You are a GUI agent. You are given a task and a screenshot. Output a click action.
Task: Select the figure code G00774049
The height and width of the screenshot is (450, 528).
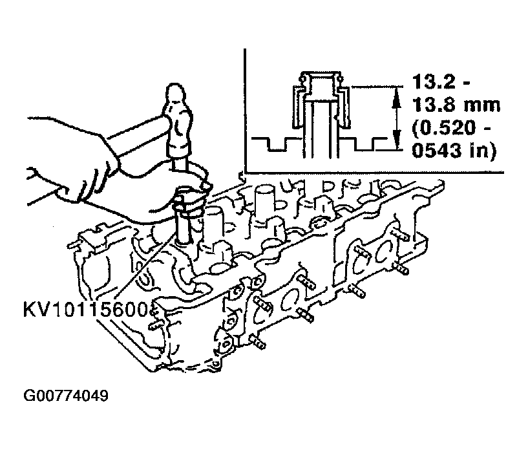click(x=66, y=396)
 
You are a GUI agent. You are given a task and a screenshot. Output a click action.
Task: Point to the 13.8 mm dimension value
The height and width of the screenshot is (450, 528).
click(x=456, y=105)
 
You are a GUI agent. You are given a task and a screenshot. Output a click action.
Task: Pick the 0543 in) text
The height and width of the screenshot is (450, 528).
click(x=454, y=151)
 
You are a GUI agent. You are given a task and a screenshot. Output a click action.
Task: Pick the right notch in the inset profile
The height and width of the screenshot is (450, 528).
click(x=364, y=144)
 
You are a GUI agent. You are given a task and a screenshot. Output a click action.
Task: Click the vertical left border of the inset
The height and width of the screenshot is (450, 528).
click(x=245, y=111)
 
